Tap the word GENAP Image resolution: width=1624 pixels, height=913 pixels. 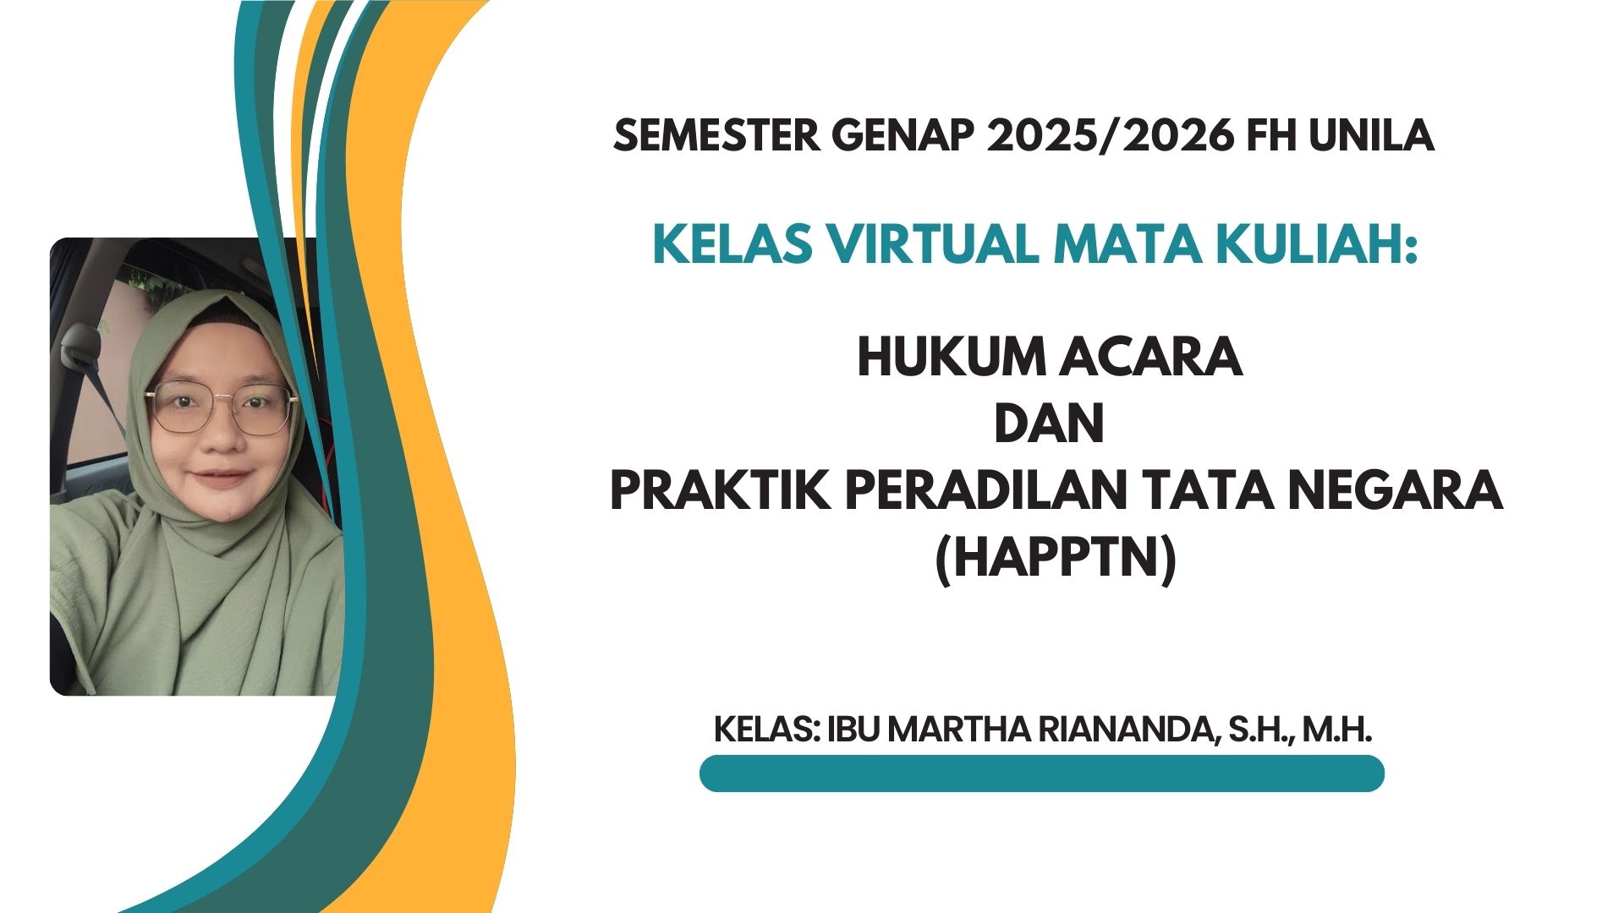pos(902,136)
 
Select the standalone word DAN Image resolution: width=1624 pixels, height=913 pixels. pos(1049,424)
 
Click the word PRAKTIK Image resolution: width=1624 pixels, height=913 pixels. pos(720,491)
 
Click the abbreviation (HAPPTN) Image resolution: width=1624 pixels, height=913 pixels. pos(1055,559)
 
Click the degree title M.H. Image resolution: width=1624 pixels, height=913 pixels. pos(1336,730)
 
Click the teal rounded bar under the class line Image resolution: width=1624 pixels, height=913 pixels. pos(1041,774)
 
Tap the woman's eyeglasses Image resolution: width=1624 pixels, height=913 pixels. pos(222,407)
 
